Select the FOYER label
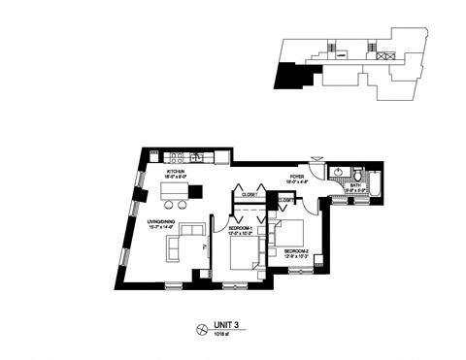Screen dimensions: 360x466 [x=297, y=177]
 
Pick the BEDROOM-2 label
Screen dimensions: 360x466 [x=295, y=250]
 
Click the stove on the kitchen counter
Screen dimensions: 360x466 [x=177, y=156]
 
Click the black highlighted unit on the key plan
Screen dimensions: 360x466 [x=289, y=73]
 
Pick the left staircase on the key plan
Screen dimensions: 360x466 [x=332, y=49]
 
